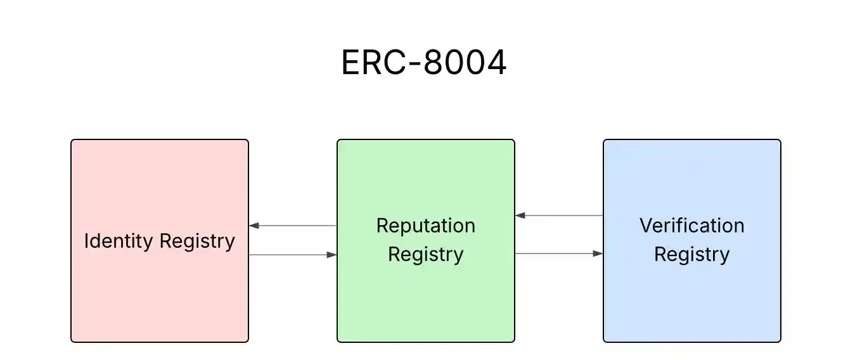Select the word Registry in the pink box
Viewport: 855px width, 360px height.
pyautogui.click(x=197, y=242)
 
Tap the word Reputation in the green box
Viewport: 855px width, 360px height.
pyautogui.click(x=425, y=226)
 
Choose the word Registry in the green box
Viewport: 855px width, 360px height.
pyautogui.click(x=425, y=255)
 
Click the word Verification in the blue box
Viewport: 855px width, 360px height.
pyautogui.click(x=691, y=226)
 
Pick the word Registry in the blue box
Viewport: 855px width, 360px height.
pyautogui.click(x=691, y=255)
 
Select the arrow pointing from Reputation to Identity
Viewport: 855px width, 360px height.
pyautogui.click(x=293, y=226)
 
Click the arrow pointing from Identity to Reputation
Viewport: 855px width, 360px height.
pyautogui.click(x=293, y=255)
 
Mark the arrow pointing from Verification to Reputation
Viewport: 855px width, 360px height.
pyautogui.click(x=559, y=215)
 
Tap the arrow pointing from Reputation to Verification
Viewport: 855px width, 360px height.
pyautogui.click(x=559, y=254)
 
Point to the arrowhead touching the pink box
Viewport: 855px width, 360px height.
pyautogui.click(x=254, y=226)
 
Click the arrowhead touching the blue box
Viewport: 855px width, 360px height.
pyautogui.click(x=598, y=254)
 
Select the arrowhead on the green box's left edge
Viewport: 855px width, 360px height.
pyautogui.click(x=331, y=255)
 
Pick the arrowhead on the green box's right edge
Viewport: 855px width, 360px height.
pyautogui.click(x=520, y=215)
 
